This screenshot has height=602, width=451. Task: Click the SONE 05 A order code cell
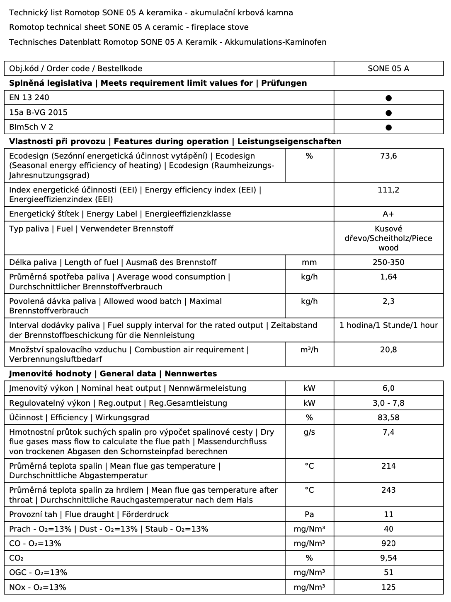388,69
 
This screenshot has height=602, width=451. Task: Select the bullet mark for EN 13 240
388,98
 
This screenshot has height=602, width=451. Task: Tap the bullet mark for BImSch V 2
388,127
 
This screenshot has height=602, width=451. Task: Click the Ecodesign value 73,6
388,156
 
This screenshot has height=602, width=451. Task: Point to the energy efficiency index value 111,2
388,190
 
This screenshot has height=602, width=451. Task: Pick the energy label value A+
388,214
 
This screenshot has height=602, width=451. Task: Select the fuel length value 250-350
388,262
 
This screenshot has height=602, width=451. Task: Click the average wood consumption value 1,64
388,277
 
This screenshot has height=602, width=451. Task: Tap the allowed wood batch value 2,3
388,301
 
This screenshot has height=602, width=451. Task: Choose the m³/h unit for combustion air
309,350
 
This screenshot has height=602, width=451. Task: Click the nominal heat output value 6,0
388,388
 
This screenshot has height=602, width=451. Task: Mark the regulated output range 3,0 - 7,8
388,403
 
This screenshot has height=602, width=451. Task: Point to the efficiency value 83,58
388,418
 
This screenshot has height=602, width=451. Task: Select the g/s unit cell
309,432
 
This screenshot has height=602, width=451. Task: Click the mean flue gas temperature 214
388,466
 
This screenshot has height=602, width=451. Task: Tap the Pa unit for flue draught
309,515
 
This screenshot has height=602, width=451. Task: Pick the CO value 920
388,544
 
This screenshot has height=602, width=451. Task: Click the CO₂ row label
17,558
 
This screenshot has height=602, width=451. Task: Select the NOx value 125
388,588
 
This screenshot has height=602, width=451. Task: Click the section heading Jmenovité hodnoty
50,374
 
